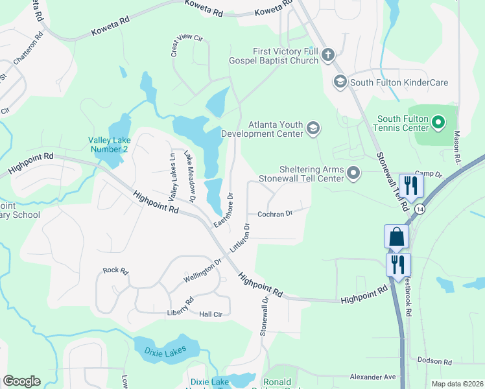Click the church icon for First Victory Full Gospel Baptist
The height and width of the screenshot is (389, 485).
(328, 55)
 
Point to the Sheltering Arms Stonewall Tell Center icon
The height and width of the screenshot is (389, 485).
(353, 172)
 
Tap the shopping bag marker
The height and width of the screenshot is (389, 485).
(396, 237)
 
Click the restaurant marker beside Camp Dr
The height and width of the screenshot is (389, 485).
(410, 186)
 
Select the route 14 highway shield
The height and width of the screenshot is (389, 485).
(420, 209)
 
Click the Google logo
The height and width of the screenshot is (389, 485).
(21, 381)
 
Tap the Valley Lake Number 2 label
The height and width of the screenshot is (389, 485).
(109, 145)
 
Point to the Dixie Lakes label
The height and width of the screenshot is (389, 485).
(165, 351)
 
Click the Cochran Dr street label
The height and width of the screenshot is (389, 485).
(275, 213)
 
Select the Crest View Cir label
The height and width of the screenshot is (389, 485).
(187, 46)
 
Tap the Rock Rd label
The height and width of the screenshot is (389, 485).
(116, 270)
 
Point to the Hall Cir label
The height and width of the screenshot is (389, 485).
(211, 314)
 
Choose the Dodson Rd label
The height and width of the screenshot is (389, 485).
(434, 361)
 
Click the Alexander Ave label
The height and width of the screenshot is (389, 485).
(372, 377)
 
